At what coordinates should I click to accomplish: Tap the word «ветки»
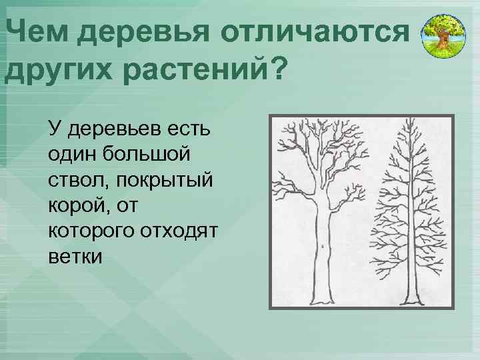click(75, 257)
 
